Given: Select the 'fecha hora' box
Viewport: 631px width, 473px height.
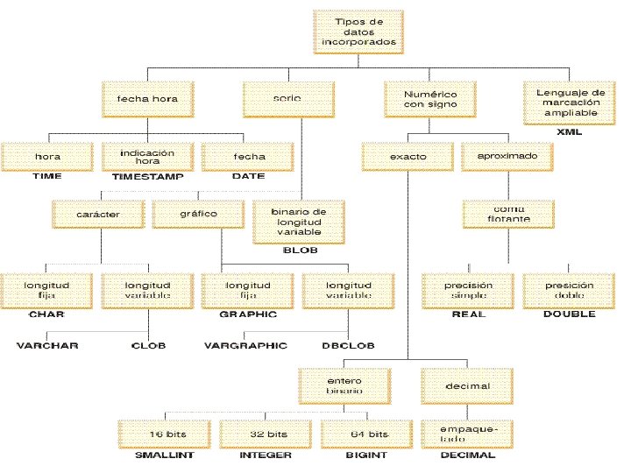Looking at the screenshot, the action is (x=140, y=99).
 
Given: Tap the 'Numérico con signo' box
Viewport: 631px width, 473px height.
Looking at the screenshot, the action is (x=420, y=98).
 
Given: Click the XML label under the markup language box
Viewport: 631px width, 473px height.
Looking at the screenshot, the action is (x=571, y=131).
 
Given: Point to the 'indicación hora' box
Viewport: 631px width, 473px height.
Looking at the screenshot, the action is (x=146, y=157).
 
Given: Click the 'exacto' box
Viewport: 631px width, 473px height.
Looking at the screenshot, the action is (x=408, y=157).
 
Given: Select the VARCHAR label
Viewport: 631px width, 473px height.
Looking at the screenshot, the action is (x=47, y=345).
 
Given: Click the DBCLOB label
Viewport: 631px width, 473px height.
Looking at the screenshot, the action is (x=350, y=345).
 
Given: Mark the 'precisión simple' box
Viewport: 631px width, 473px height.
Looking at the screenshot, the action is (x=469, y=290).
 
